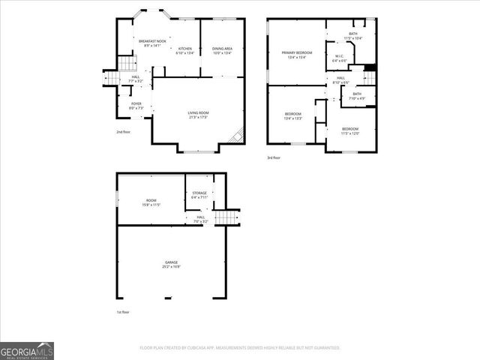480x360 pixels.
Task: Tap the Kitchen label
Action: click(184, 51)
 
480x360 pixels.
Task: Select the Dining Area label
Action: click(222, 51)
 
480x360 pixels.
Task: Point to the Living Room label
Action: click(198, 115)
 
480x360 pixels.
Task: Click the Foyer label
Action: click(136, 106)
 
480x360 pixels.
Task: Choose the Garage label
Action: click(172, 264)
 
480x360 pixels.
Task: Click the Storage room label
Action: click(199, 195)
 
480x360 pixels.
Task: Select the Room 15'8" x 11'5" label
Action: click(151, 202)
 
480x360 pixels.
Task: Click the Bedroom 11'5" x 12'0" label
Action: click(351, 131)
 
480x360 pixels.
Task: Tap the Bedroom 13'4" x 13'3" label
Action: click(292, 116)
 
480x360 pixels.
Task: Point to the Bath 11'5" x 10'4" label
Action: click(352, 36)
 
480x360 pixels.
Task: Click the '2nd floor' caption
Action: click(124, 132)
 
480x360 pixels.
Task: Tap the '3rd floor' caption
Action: click(274, 157)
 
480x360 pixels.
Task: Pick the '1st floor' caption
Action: click(124, 311)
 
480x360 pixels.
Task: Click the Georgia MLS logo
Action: click(27, 350)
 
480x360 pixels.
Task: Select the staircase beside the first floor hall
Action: click(226, 217)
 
